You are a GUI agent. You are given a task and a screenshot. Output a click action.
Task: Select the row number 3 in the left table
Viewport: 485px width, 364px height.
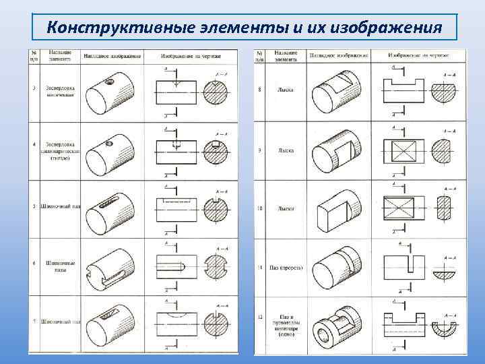[x=34, y=88]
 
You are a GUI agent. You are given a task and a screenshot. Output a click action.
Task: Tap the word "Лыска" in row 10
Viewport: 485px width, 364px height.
[x=285, y=208]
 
